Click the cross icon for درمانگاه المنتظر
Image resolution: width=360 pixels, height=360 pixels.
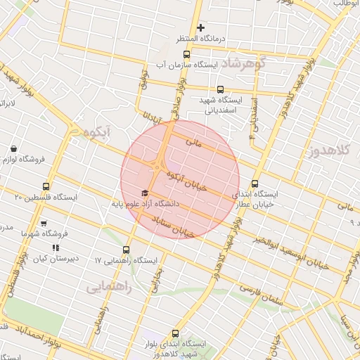click(201, 28)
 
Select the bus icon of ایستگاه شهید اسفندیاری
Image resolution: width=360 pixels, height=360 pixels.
click(220, 89)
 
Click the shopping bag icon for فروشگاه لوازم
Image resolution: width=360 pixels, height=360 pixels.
click(15, 148)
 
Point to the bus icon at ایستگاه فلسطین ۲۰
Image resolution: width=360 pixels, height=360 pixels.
click(46, 186)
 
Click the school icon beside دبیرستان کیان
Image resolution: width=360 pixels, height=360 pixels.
click(56, 247)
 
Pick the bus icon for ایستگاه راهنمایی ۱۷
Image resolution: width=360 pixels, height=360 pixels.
click(127, 250)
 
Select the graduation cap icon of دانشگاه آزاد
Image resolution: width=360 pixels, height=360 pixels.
click(145, 193)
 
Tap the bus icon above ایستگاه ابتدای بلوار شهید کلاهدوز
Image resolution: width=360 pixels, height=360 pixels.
click(175, 334)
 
